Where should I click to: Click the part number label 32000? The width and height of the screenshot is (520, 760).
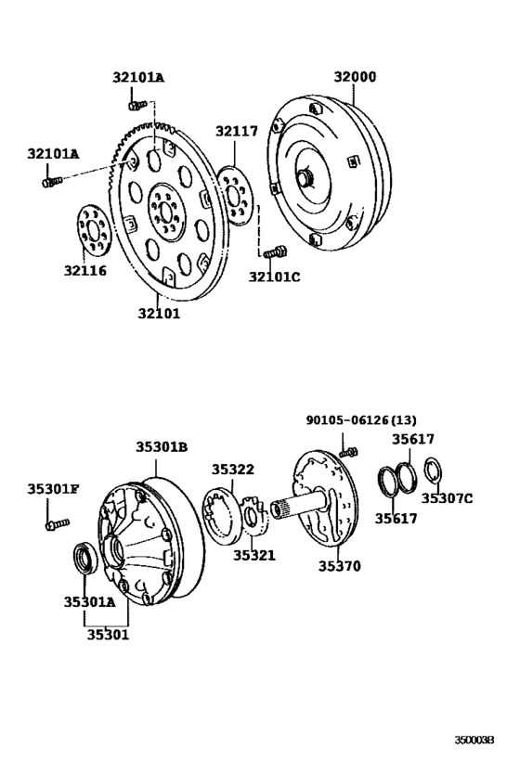[x=356, y=77]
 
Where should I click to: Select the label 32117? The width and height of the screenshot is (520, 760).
[x=237, y=132]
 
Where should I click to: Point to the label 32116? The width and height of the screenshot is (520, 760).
[x=85, y=271]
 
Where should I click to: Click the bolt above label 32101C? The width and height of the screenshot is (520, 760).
[x=273, y=251]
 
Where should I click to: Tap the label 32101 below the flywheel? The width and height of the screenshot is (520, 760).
[x=159, y=314]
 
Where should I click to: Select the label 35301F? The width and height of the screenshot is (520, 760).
[x=53, y=488]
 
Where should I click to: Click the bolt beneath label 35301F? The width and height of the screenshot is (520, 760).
[x=52, y=525]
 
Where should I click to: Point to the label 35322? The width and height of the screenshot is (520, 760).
[x=232, y=470]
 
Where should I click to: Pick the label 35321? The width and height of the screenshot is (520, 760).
[x=254, y=555]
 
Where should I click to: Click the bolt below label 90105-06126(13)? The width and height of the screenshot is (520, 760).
[x=348, y=451]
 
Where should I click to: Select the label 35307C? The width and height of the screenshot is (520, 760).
[x=447, y=498]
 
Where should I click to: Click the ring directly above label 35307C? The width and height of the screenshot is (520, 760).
[x=434, y=471]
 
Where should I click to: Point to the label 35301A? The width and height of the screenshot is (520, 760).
[x=89, y=601]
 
